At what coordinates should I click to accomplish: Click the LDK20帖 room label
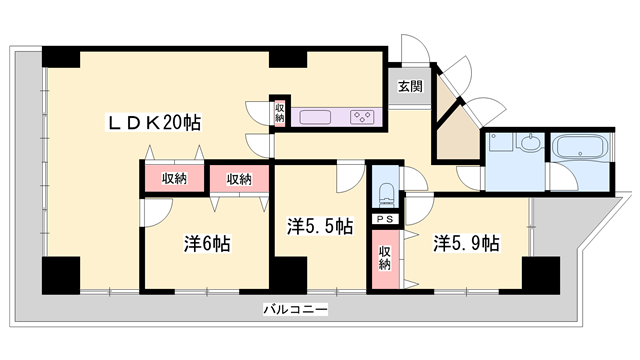pos(155,123)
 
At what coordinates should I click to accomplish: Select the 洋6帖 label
pos(207,244)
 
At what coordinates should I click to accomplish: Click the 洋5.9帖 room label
pos(466,242)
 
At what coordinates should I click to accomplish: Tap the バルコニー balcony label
pos(296,309)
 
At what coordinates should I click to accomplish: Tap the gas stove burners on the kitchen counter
pos(362,117)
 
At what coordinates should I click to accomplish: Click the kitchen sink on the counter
pos(316,117)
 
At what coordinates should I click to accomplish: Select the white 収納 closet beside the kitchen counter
pos(280,112)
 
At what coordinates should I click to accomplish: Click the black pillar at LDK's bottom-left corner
pos(60,274)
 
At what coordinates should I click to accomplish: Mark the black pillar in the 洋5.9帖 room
pos(541,273)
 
